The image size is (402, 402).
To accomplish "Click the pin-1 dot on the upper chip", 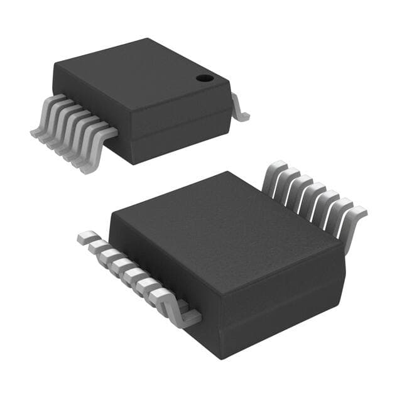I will [204, 79].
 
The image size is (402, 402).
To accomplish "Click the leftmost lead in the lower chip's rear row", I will [274, 172].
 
